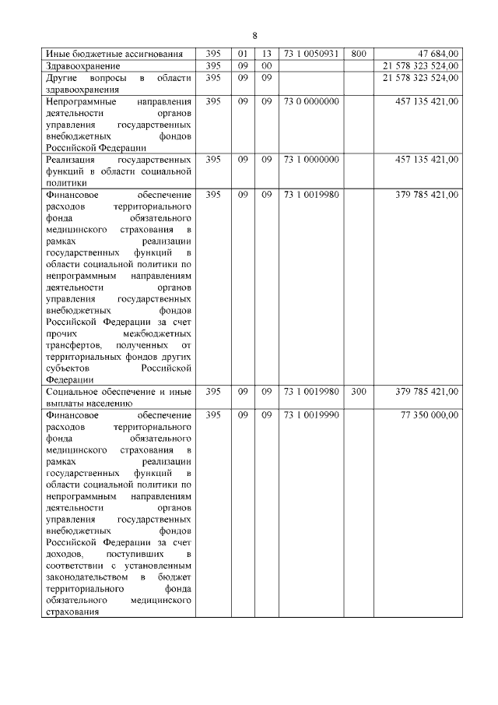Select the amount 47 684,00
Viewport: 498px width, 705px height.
(437, 54)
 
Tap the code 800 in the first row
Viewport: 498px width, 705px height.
(358, 54)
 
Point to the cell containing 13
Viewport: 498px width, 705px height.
(266, 54)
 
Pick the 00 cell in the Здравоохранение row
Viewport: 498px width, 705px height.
(266, 65)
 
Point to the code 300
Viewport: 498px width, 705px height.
(358, 392)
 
